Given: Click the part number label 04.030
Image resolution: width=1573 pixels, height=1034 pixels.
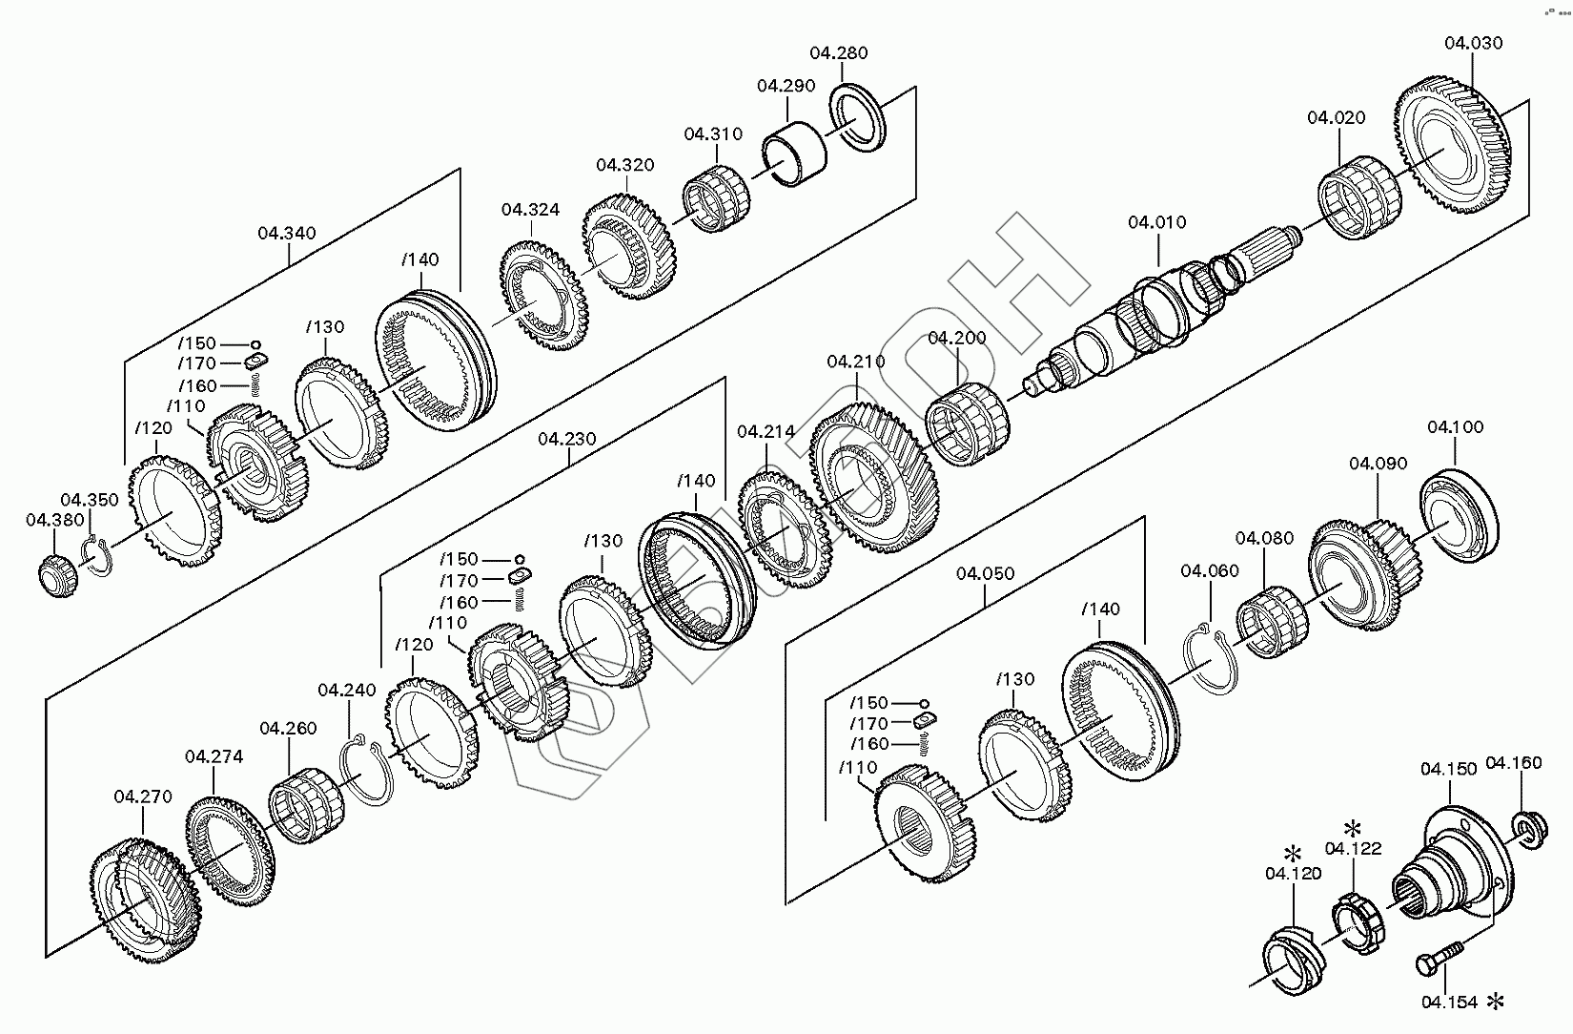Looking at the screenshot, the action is (1473, 44).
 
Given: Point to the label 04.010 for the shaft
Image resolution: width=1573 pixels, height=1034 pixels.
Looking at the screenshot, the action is (1157, 222).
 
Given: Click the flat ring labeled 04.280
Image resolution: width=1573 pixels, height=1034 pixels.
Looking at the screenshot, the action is (858, 117).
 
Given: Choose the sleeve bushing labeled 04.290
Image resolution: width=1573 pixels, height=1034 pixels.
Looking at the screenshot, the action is (795, 154).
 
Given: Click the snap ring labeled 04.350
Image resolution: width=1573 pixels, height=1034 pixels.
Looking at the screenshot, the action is (97, 556).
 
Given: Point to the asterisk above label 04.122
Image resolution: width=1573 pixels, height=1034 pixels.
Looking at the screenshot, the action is (1352, 827).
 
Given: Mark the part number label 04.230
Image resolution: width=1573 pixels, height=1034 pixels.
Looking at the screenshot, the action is (567, 440).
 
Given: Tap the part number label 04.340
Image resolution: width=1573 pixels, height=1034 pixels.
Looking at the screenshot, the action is (287, 233).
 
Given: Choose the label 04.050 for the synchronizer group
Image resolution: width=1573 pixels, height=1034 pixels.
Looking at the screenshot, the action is (985, 574).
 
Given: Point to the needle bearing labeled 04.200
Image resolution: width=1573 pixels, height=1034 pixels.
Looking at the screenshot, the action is (968, 424).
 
